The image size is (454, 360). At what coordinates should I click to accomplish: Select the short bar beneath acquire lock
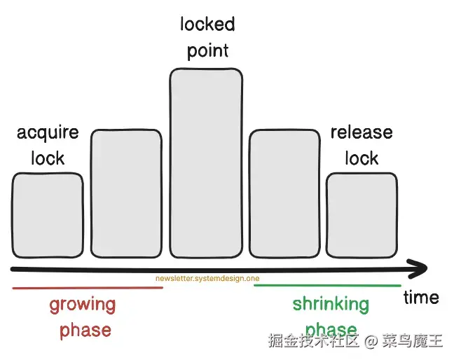(x=48, y=214)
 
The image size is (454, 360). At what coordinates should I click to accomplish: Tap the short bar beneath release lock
(x=362, y=214)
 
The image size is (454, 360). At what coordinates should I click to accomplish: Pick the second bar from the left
(x=126, y=193)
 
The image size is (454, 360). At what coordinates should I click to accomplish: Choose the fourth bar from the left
(x=284, y=193)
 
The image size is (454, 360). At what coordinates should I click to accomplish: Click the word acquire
(x=48, y=132)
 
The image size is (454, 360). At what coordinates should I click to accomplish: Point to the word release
(x=362, y=132)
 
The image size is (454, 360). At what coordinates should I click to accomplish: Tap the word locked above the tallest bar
(x=207, y=25)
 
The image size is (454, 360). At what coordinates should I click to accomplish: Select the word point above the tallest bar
(x=207, y=51)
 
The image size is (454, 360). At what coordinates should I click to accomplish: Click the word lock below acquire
(x=48, y=158)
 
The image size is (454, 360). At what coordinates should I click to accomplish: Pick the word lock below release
(x=362, y=158)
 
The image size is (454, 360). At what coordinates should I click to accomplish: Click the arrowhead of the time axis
(x=419, y=269)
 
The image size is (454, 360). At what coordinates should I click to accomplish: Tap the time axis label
(x=421, y=297)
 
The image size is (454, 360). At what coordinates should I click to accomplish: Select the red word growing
(x=82, y=305)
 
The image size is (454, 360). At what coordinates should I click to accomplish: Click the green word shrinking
(x=331, y=304)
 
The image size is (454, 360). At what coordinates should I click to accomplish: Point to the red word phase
(x=85, y=330)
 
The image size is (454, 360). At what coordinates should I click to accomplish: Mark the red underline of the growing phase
(x=88, y=288)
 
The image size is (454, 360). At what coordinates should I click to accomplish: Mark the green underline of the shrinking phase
(x=327, y=286)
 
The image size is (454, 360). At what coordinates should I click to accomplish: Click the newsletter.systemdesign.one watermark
(x=207, y=279)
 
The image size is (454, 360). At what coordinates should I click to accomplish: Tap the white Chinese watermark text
(x=356, y=341)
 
